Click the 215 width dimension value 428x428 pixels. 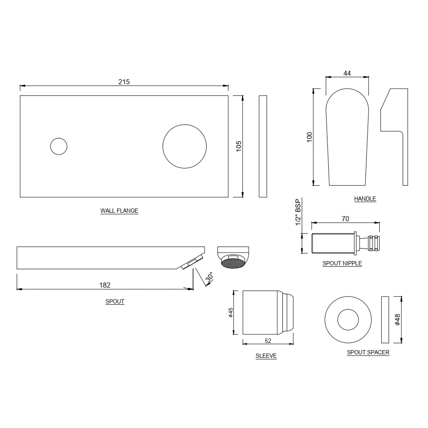pos(124,81)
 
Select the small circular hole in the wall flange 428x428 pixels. pos(59,146)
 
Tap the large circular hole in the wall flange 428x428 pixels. pos(184,146)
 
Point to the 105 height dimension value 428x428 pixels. pos(239,146)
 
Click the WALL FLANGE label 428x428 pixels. pos(119,211)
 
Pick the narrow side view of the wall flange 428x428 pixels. pos(263,146)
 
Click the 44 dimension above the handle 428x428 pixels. pos(347,73)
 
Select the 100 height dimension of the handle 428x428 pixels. pos(310,137)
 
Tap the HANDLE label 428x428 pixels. pos(365,199)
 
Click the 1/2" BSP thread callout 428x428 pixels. pos(298,212)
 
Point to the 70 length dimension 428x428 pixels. pos(345,219)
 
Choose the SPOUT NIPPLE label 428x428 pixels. pos(342,263)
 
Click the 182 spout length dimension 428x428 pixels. pos(105,285)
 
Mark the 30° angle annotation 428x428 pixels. pos(209,279)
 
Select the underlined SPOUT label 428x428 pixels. pos(115,301)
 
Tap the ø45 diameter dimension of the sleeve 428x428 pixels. pos(230,313)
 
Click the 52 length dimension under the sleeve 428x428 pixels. pos(268,341)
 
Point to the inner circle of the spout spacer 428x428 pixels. pos(348,319)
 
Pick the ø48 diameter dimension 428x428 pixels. pos(397,319)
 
